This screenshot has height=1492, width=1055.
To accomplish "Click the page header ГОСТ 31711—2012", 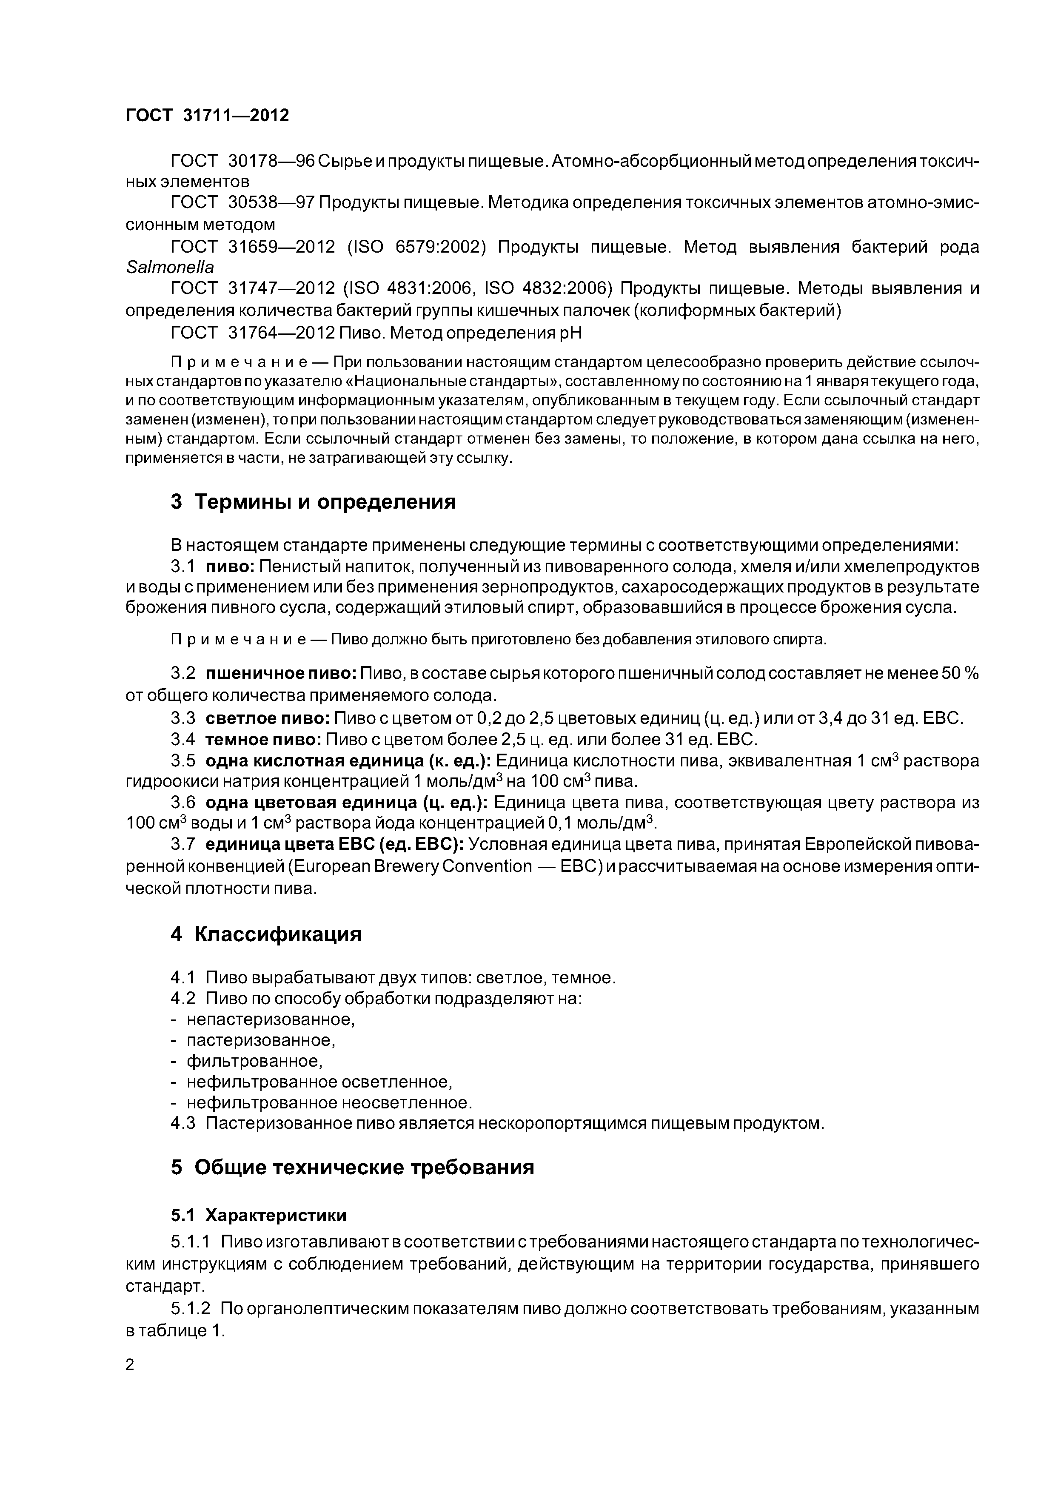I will click(207, 115).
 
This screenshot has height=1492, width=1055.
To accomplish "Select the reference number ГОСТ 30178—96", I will click(242, 160).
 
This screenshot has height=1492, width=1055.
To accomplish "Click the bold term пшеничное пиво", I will click(280, 674).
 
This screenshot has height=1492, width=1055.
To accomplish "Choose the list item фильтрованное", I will click(254, 1061).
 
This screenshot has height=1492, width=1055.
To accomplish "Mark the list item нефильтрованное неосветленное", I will click(329, 1103).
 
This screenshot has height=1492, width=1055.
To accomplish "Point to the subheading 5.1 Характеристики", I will click(259, 1215).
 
